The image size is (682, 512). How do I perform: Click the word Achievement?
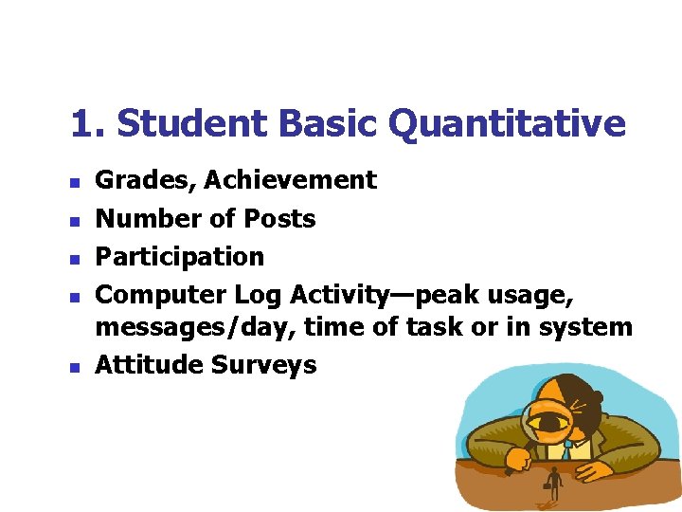click(291, 180)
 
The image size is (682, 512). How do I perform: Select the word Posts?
click(279, 218)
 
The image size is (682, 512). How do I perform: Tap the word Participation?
click(180, 256)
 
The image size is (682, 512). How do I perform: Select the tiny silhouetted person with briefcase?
click(552, 485)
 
